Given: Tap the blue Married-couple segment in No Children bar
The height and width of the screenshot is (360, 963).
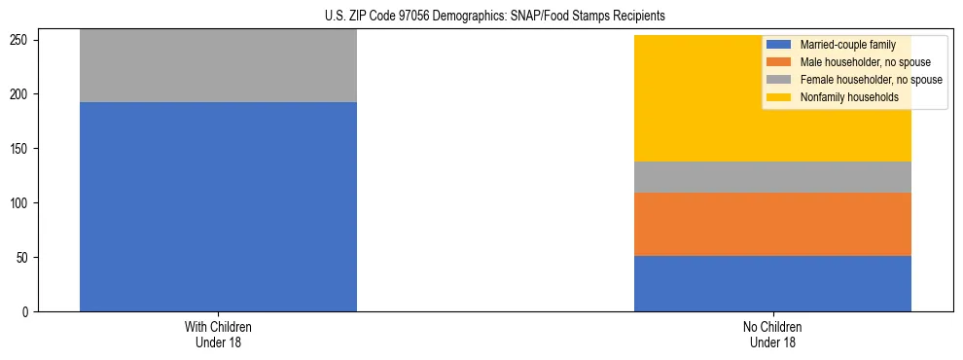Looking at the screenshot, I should (772, 283).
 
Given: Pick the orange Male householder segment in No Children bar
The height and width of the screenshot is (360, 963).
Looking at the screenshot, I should (772, 224).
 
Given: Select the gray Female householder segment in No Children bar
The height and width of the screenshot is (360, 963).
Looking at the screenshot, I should (772, 177).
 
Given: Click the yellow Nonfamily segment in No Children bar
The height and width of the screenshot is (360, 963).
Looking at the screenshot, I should (700, 98).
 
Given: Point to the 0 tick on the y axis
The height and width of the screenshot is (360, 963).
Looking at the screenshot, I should (29, 312).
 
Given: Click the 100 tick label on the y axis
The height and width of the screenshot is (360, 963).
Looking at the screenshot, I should (23, 203).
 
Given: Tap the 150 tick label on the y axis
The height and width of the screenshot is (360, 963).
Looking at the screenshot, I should (23, 149).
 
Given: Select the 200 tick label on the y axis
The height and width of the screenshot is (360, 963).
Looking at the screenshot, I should (23, 94).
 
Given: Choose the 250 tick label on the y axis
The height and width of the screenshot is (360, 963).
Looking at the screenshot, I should (23, 40).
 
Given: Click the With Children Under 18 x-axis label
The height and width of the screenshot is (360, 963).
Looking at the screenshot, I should (218, 335).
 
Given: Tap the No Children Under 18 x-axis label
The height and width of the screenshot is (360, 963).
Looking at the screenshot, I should (772, 335).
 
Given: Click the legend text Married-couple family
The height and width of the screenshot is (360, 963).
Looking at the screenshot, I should (848, 45).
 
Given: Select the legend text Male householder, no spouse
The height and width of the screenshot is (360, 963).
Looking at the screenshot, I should (865, 62).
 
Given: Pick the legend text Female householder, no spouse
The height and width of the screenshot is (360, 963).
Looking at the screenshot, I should (871, 80).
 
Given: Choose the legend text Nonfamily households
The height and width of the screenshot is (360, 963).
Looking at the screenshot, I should (849, 97).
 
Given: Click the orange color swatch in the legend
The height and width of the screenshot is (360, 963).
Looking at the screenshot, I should (779, 62).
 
